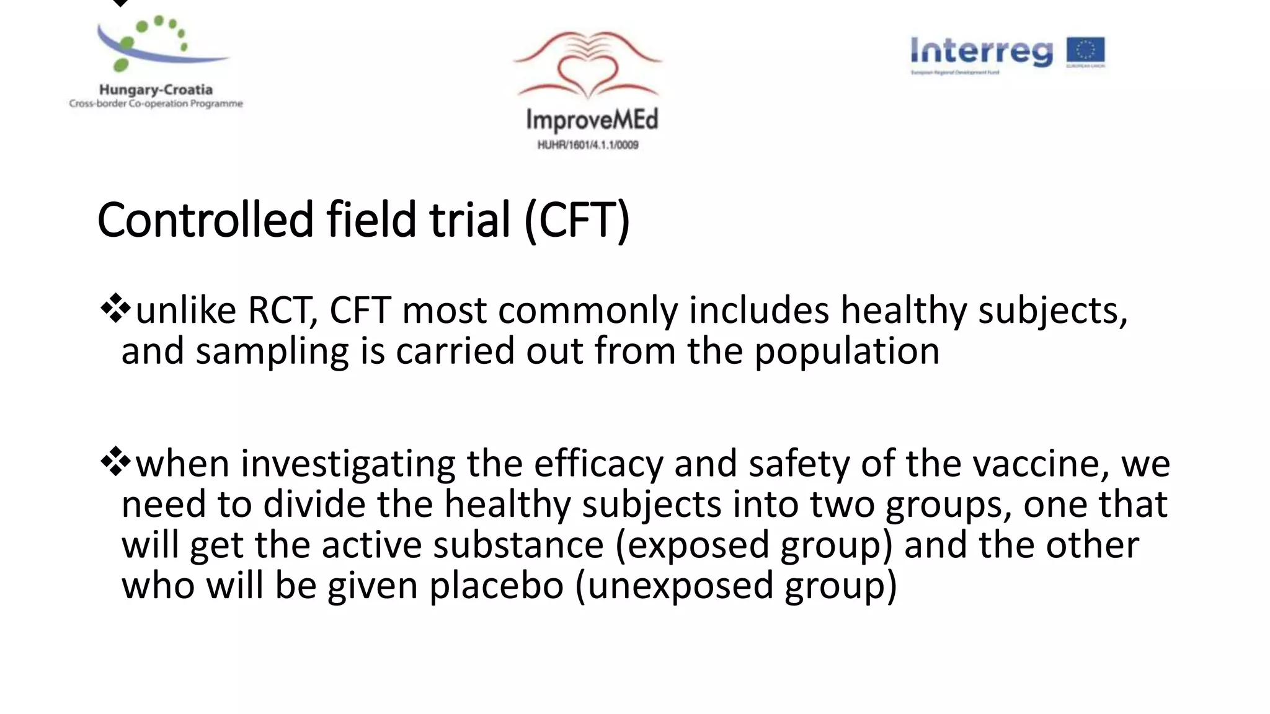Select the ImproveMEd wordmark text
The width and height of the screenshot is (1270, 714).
click(592, 120)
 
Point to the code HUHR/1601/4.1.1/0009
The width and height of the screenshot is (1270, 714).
click(588, 145)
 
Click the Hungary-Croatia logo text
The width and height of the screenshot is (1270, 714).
click(156, 90)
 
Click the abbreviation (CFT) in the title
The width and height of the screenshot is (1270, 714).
click(577, 219)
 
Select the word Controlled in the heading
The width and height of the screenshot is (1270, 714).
click(205, 219)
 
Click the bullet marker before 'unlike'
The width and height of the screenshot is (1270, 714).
click(115, 309)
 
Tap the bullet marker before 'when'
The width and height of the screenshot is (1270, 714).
click(115, 462)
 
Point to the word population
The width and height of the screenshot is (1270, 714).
click(846, 351)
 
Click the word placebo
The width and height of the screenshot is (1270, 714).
click(496, 585)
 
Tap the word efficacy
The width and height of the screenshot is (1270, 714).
click(598, 464)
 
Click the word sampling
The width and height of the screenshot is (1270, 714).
click(272, 351)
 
